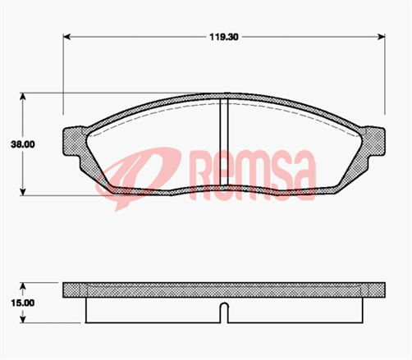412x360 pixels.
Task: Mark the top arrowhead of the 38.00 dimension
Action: (25, 96)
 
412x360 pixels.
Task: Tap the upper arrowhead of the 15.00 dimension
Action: (25, 286)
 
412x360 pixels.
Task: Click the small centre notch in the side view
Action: (223, 312)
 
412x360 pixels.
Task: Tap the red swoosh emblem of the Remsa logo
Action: (140, 176)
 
